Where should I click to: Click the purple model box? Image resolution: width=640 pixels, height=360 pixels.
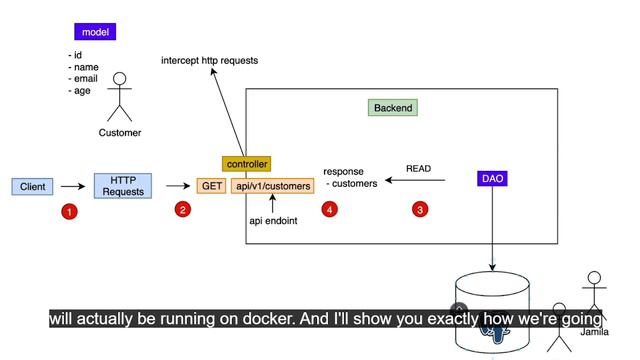point(95,32)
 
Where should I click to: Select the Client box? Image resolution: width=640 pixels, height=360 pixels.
point(32,187)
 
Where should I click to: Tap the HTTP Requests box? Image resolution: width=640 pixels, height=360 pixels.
point(123,186)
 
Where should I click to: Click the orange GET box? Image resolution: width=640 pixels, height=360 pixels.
point(211,186)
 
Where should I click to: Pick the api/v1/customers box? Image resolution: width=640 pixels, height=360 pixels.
point(273,186)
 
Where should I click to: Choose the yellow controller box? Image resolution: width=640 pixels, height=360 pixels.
point(247,164)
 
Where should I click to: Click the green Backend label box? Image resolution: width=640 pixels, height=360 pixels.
point(393,108)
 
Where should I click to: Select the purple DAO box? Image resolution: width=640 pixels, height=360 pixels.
point(492,178)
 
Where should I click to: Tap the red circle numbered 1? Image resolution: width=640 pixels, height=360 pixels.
point(69,211)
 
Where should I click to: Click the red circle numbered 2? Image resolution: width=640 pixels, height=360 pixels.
point(183,209)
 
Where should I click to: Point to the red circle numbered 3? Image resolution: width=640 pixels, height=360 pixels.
point(420,209)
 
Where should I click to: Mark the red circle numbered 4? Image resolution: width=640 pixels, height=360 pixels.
point(329,209)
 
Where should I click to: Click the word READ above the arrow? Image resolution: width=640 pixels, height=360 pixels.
point(418,169)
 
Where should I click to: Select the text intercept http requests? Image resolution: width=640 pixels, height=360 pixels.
point(209,60)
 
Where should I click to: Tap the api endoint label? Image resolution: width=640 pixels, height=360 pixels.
point(273,221)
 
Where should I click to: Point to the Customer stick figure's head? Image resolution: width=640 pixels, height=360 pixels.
point(120,79)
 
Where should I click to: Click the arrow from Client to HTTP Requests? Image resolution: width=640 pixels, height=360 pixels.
point(73,187)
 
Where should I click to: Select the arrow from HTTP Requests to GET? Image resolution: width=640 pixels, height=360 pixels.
point(178,186)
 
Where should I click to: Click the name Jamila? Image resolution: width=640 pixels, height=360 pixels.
point(594,332)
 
